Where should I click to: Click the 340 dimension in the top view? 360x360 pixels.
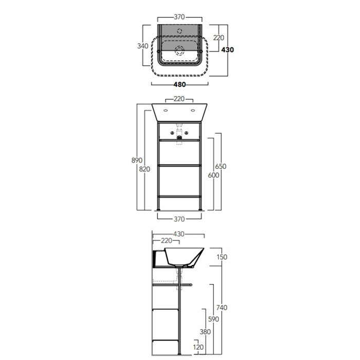(x=142, y=46)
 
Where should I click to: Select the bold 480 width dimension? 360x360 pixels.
(x=179, y=84)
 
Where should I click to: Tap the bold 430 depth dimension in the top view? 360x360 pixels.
(x=227, y=49)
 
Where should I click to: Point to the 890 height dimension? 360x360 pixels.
(x=137, y=160)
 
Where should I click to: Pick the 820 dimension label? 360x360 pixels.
(x=145, y=169)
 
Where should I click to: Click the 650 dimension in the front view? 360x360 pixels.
(x=221, y=166)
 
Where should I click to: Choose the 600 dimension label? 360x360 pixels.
(x=213, y=175)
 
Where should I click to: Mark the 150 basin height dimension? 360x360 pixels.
(x=222, y=257)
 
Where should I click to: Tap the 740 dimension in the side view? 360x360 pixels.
(x=222, y=308)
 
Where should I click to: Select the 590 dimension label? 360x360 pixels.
(x=213, y=319)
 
